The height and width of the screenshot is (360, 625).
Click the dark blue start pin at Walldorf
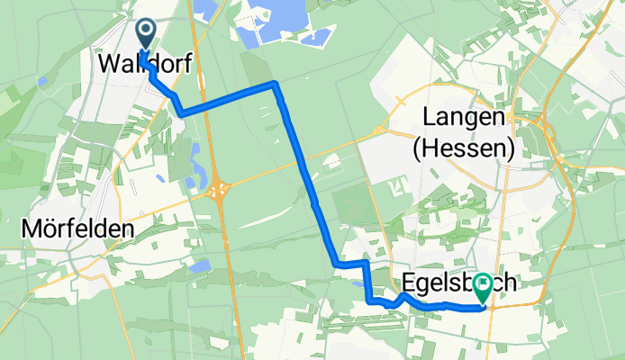(x=145, y=33)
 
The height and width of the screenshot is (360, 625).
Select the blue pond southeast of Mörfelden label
(x=201, y=265)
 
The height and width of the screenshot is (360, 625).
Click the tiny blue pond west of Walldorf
(x=42, y=81)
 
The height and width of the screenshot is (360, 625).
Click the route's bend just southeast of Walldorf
(x=183, y=113)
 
